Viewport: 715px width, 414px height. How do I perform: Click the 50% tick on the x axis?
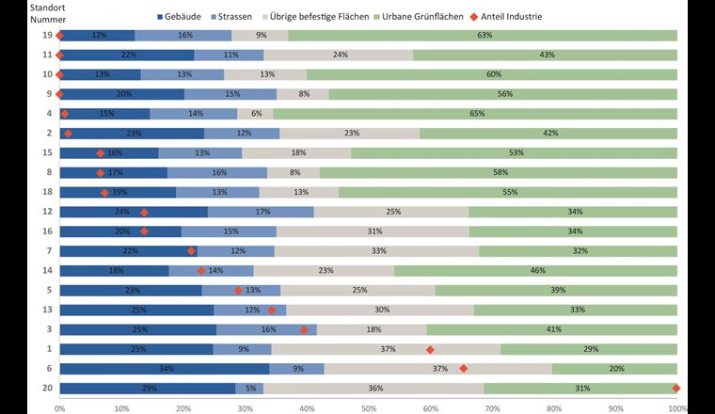(368, 407)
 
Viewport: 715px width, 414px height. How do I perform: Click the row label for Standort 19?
(43, 36)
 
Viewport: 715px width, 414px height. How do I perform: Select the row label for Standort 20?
(43, 388)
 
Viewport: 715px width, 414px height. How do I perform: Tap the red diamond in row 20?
(676, 388)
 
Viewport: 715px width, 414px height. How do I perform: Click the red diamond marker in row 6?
(463, 368)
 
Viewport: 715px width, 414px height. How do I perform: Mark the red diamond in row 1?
(430, 349)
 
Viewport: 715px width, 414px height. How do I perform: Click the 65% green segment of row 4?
(475, 114)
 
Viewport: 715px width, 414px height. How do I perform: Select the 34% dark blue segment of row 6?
(164, 368)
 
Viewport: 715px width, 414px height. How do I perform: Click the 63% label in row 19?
(485, 36)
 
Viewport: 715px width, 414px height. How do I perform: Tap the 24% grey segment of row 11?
(339, 55)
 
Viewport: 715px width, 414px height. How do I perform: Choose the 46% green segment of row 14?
(535, 271)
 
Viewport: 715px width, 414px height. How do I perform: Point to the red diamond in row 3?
(304, 329)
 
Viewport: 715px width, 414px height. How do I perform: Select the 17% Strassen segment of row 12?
(261, 212)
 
